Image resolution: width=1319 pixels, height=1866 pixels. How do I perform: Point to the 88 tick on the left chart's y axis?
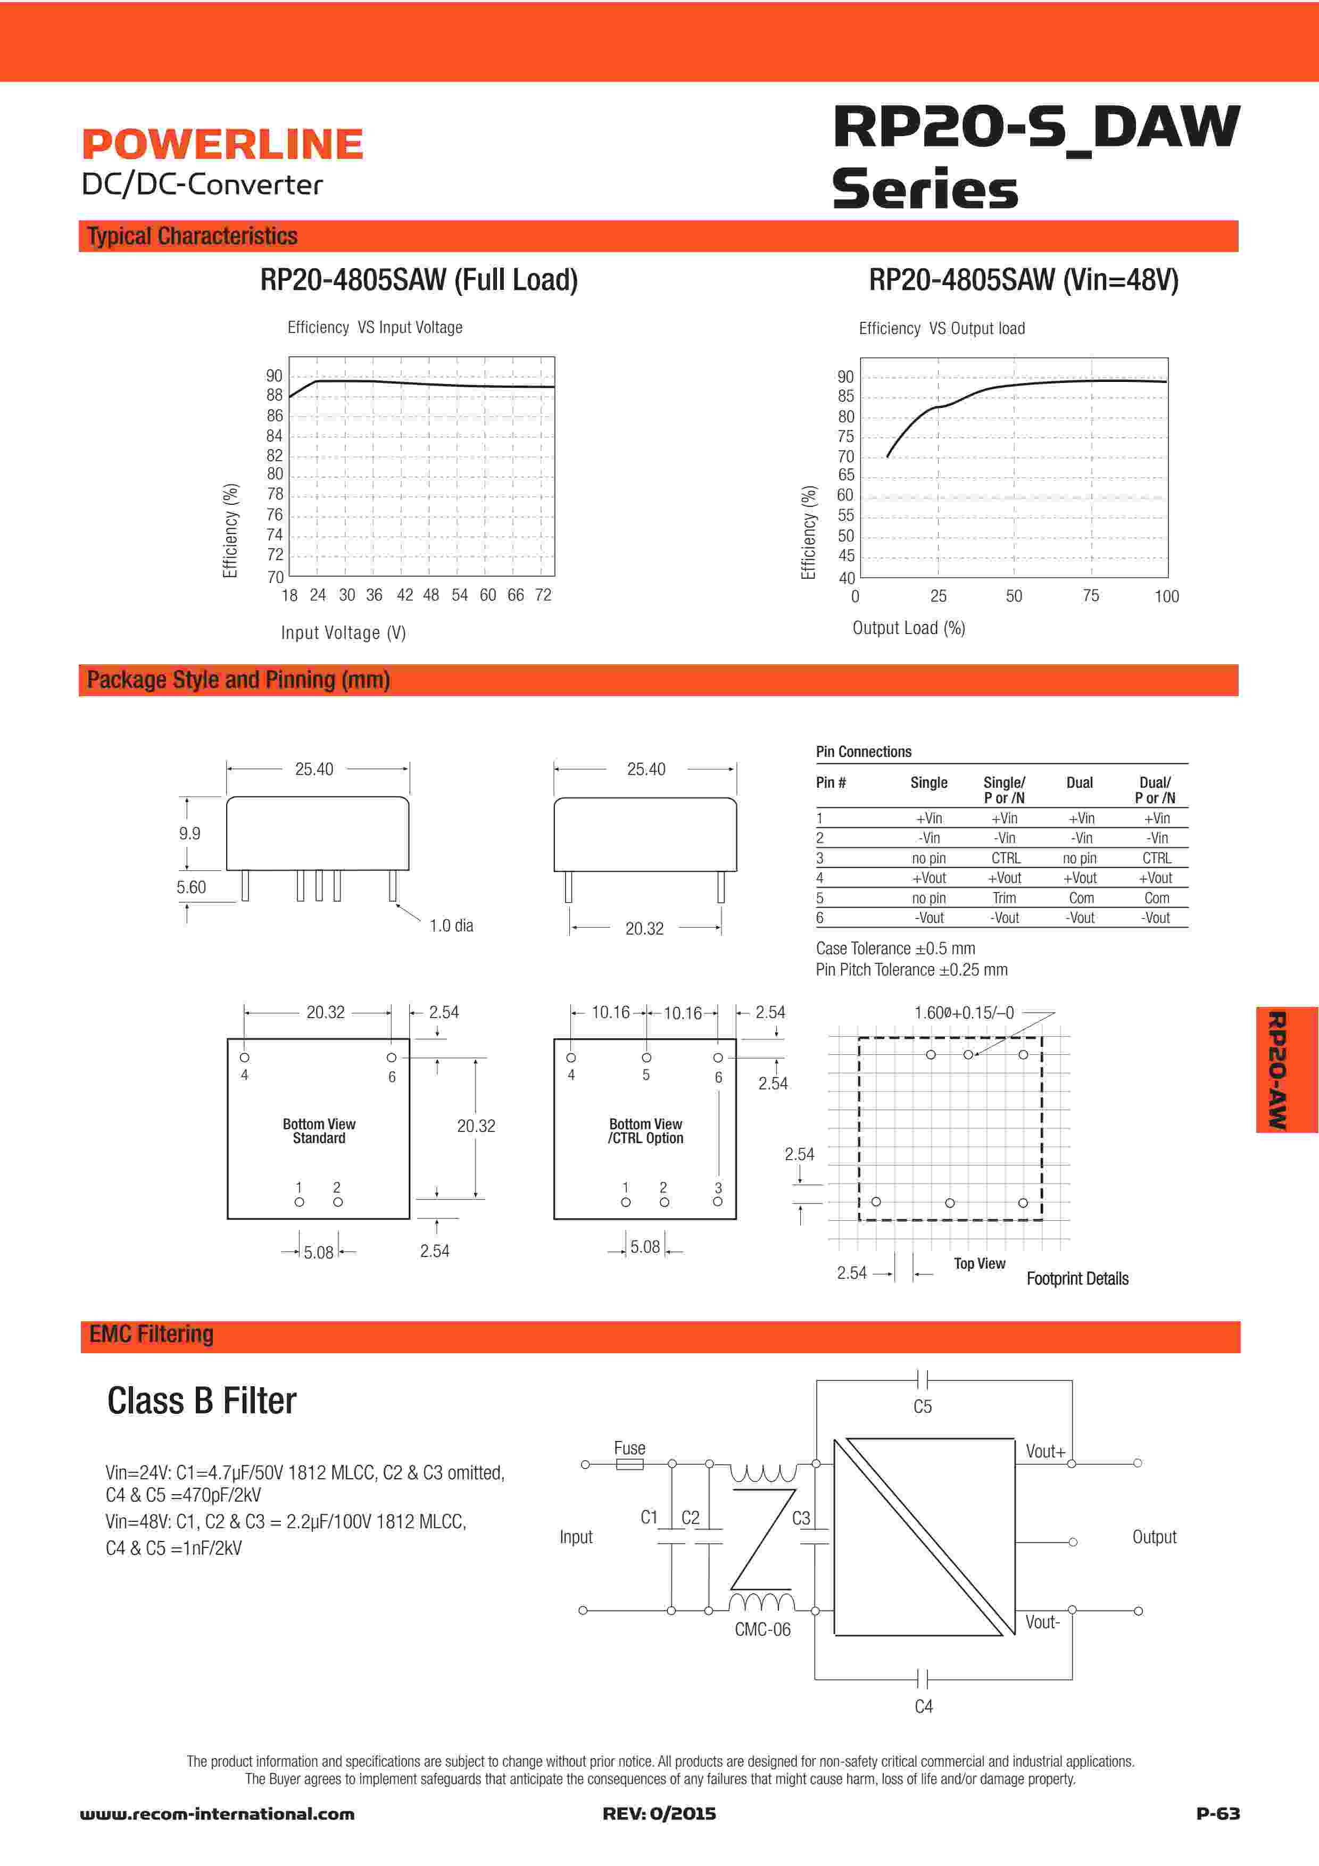tap(275, 395)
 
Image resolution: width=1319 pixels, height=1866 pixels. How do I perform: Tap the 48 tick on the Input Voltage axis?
tap(431, 595)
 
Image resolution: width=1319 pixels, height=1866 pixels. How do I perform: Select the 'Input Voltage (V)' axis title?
tap(343, 632)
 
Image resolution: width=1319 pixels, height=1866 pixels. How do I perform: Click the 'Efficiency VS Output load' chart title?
tap(942, 328)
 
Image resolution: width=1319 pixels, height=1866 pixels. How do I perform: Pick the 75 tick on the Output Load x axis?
tap(1091, 596)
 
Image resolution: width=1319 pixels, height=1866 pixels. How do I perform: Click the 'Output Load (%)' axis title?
tap(909, 628)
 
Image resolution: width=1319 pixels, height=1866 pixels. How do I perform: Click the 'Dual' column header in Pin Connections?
tap(1079, 782)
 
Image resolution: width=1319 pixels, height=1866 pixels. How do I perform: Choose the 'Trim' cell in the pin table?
tap(1005, 898)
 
